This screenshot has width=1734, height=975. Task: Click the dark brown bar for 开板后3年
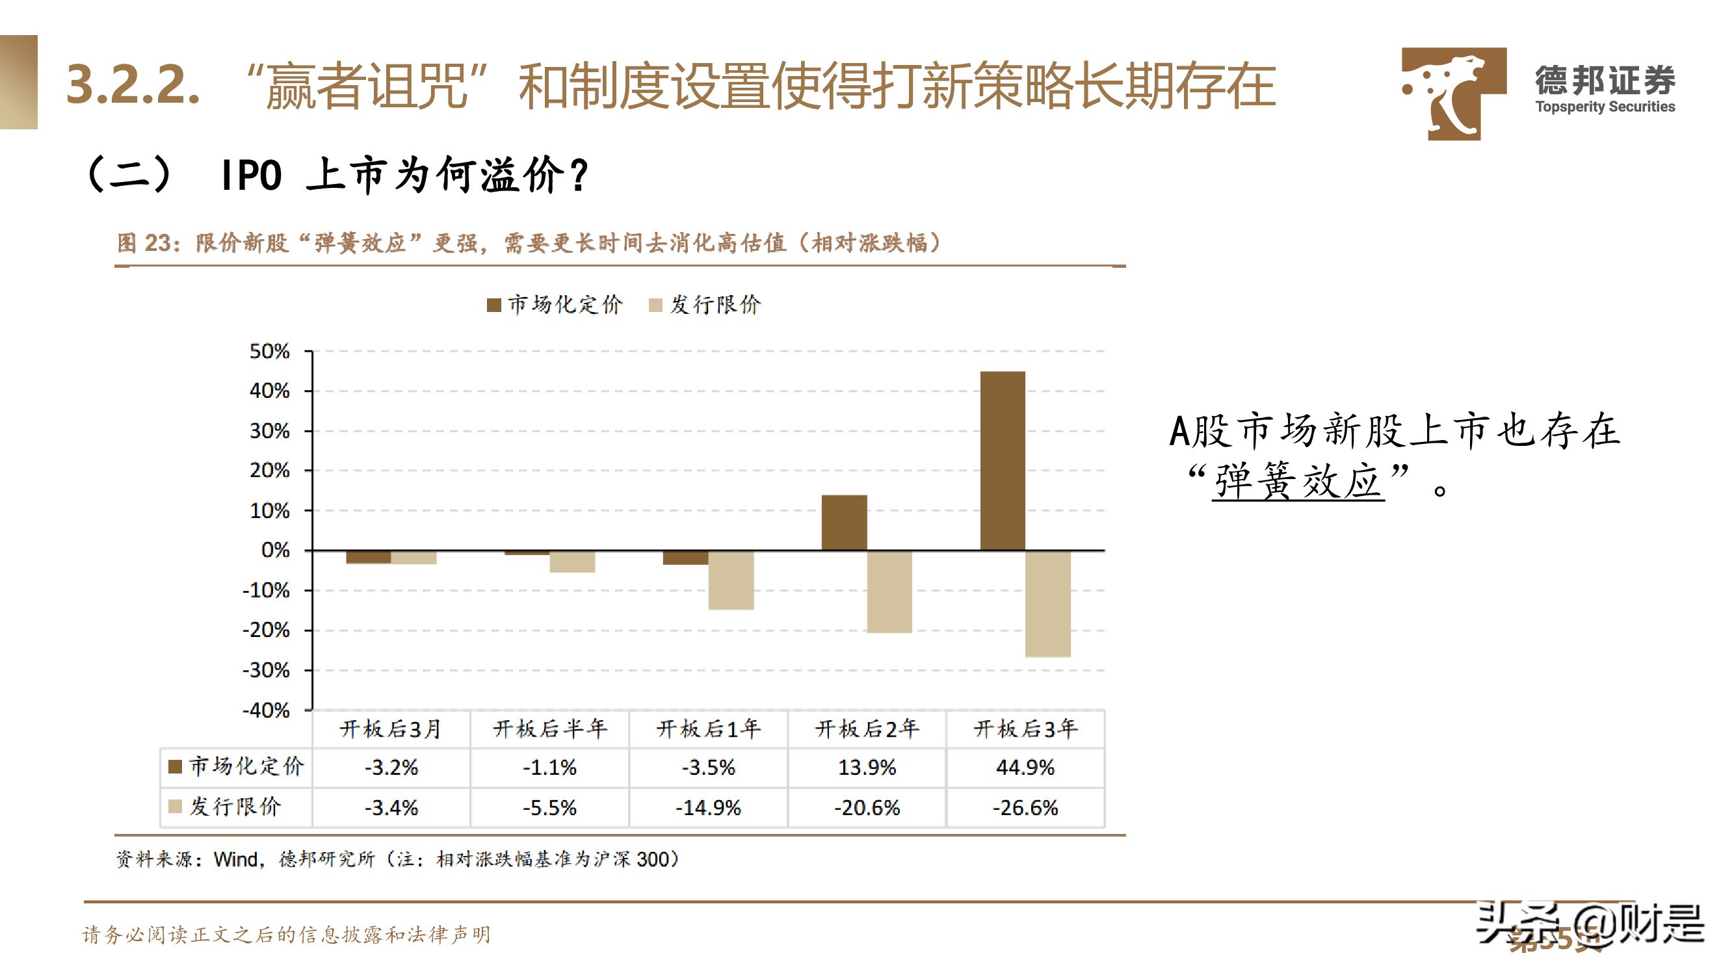(x=1003, y=461)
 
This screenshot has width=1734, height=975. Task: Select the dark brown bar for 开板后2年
(x=844, y=523)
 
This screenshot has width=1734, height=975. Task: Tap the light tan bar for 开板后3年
(x=1047, y=604)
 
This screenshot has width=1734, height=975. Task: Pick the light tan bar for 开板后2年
(x=889, y=591)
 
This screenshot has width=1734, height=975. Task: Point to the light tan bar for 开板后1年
(x=731, y=580)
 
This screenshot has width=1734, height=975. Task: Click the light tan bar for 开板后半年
(x=572, y=561)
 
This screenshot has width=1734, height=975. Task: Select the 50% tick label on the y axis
(x=269, y=351)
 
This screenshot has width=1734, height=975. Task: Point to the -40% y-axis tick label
(x=267, y=710)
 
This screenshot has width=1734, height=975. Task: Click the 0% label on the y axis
(x=275, y=551)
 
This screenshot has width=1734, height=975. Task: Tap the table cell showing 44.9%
(x=1025, y=768)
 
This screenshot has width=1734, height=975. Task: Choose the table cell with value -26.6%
(x=1025, y=807)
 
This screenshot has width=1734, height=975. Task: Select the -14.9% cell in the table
(x=708, y=807)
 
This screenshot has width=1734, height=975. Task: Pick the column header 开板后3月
(x=390, y=729)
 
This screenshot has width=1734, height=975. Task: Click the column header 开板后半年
(x=550, y=729)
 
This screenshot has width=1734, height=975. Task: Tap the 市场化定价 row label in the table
(x=246, y=766)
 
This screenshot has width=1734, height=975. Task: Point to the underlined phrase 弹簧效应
(x=1298, y=482)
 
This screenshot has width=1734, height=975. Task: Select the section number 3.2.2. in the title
(x=133, y=84)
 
